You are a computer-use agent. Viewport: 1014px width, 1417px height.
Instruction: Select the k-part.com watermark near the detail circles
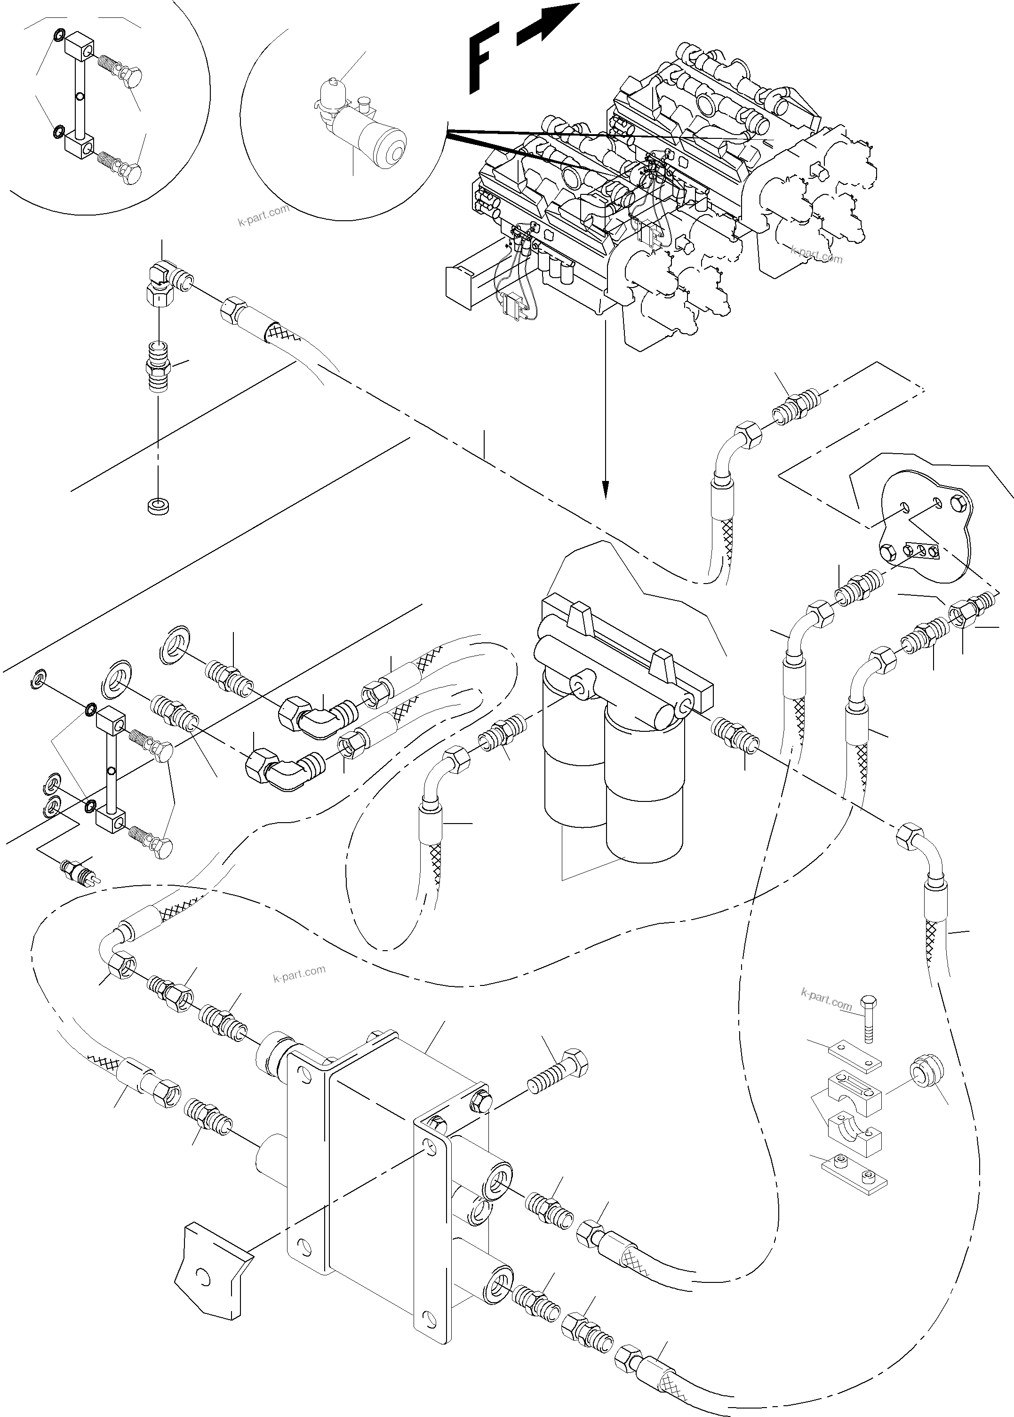tap(263, 215)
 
